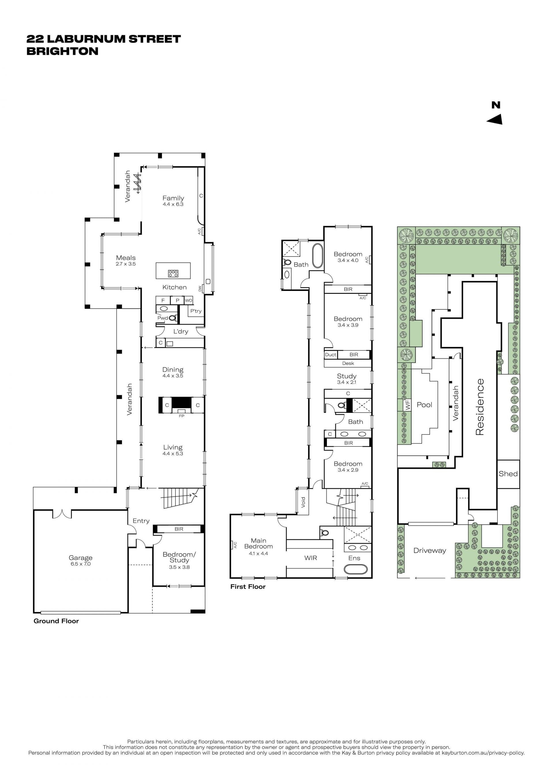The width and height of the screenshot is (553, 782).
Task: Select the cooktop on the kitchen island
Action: (x=173, y=273)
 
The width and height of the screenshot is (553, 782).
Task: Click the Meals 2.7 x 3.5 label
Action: (x=126, y=261)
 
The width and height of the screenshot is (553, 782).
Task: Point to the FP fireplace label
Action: (x=181, y=416)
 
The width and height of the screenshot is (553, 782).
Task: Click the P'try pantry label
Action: (x=196, y=311)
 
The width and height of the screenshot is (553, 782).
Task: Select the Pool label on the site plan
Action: (x=424, y=405)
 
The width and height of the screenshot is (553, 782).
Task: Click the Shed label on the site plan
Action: (x=508, y=474)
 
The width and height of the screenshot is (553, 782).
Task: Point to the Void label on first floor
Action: (x=303, y=502)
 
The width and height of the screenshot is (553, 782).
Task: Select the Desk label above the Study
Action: (x=348, y=363)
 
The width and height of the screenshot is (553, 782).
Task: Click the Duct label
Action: (x=330, y=355)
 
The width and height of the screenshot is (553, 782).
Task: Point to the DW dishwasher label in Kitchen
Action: (x=200, y=289)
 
